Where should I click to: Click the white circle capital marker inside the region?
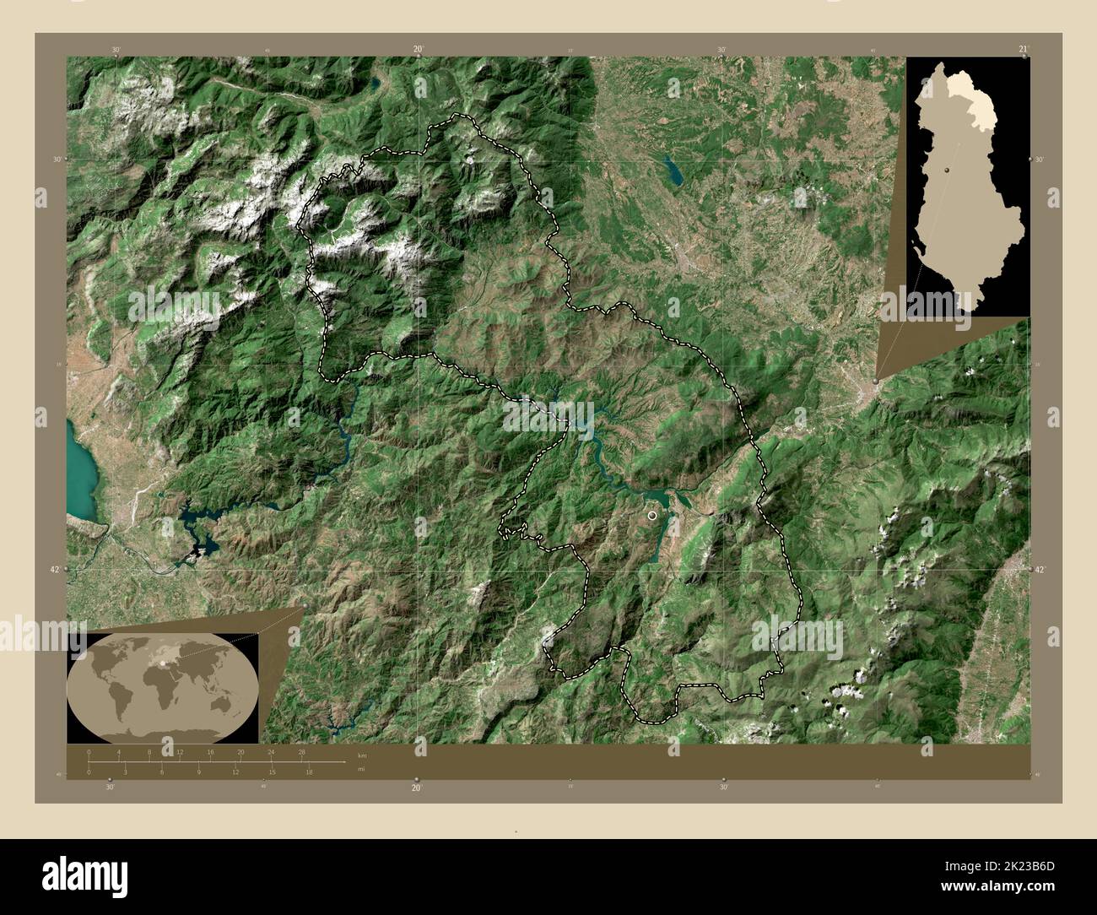click(651, 513)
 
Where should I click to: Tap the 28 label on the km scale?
click(302, 751)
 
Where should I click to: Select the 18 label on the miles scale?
click(310, 772)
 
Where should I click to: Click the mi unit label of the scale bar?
click(361, 769)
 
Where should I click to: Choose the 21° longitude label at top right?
click(1023, 50)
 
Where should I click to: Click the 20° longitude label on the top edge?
click(418, 50)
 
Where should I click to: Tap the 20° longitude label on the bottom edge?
click(416, 788)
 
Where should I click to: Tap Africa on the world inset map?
click(157, 683)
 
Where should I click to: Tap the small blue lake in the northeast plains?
click(674, 171)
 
